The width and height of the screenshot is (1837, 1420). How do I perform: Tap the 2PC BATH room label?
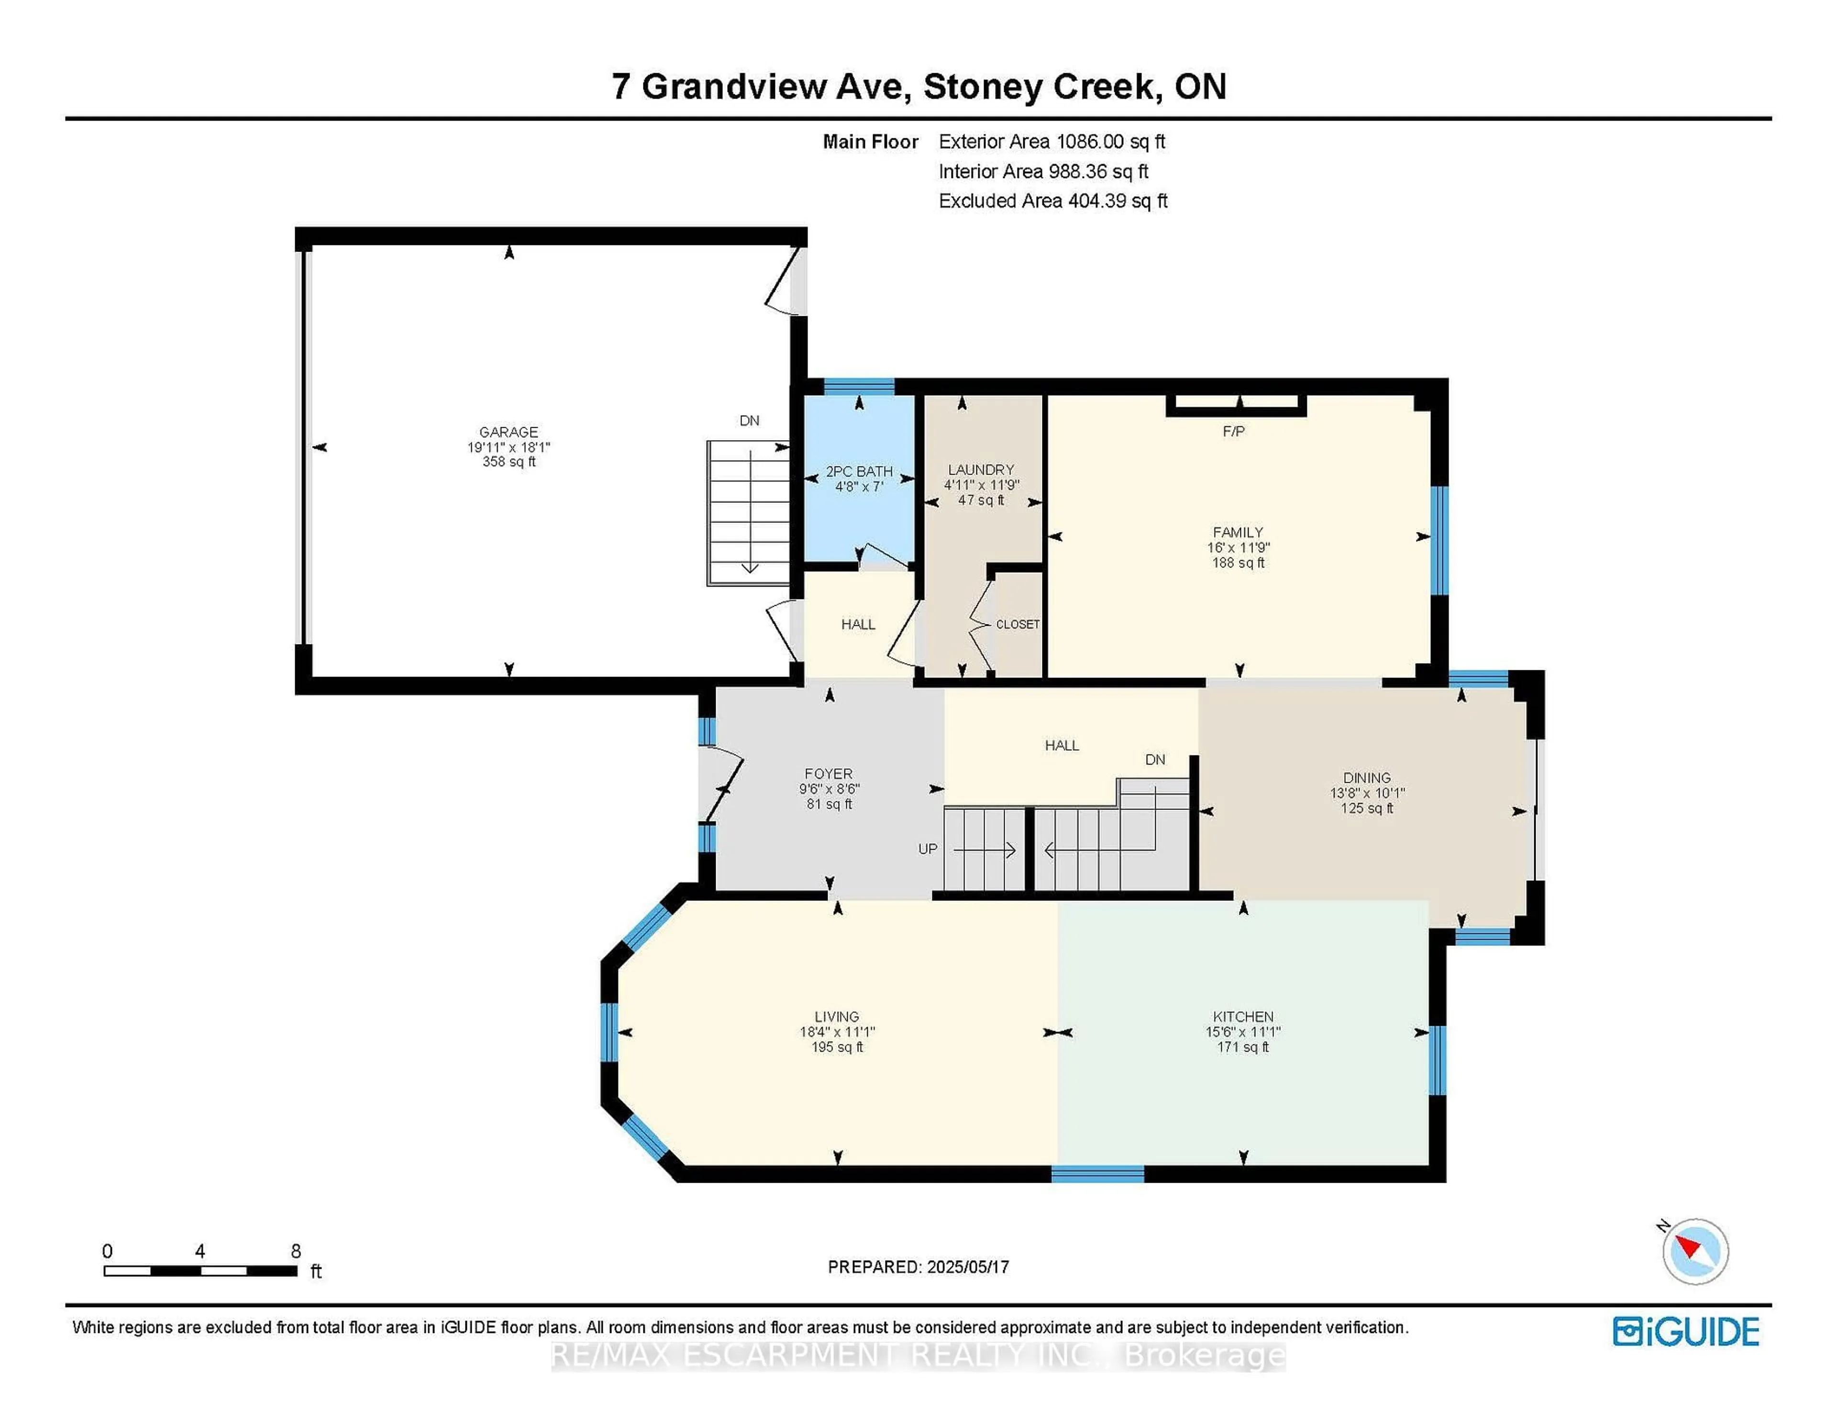tap(859, 472)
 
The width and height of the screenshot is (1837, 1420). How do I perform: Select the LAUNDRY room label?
tap(981, 469)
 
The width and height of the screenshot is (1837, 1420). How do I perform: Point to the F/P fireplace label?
tap(1233, 432)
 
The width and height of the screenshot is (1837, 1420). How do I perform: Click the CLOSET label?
tap(1018, 624)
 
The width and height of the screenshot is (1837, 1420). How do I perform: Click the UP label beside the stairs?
tap(927, 849)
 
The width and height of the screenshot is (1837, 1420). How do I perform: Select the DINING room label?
tap(1367, 778)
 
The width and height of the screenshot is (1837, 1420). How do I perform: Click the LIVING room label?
tap(836, 1016)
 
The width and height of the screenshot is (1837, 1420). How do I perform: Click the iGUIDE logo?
tap(1686, 1331)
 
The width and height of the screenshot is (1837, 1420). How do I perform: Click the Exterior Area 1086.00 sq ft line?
tap(1051, 141)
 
